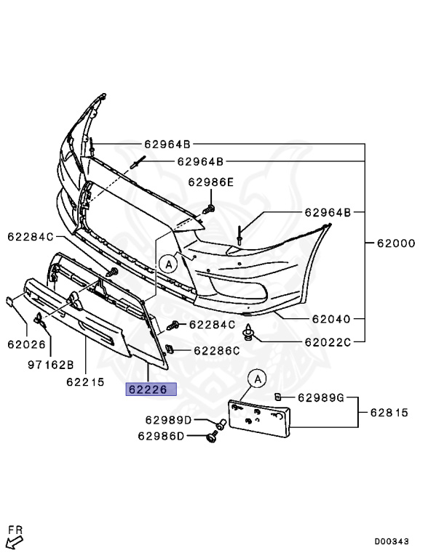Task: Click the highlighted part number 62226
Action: pyautogui.click(x=151, y=389)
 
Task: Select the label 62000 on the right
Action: pyautogui.click(x=396, y=243)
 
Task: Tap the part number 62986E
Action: pyautogui.click(x=211, y=182)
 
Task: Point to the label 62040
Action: pyautogui.click(x=331, y=319)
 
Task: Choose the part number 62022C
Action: pyautogui.click(x=328, y=342)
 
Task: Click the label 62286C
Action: pyautogui.click(x=217, y=351)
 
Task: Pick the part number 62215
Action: pyautogui.click(x=85, y=382)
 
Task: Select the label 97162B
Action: pyautogui.click(x=51, y=365)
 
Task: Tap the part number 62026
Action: pyautogui.click(x=27, y=344)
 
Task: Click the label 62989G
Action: pyautogui.click(x=321, y=397)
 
